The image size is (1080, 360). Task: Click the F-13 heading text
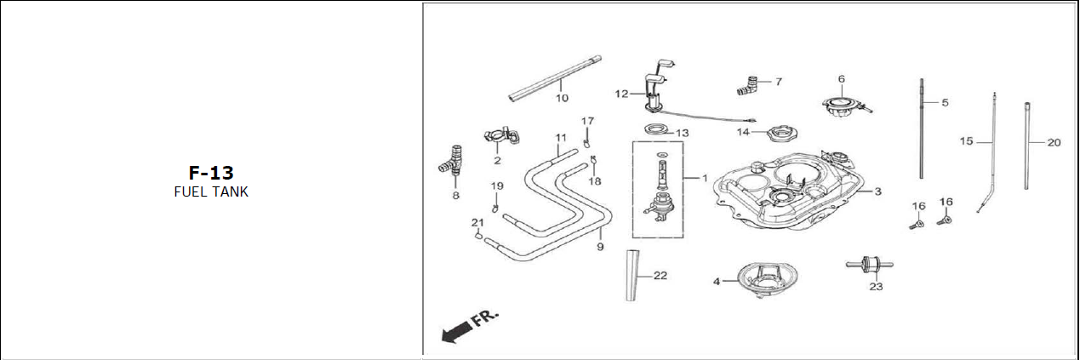[210, 173]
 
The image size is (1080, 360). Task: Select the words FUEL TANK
[210, 192]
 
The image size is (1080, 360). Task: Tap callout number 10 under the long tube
[562, 98]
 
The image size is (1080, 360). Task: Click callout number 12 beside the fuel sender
[621, 94]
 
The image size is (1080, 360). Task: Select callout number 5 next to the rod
[945, 102]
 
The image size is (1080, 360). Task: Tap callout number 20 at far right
[1054, 142]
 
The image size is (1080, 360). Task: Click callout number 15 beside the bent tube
[966, 141]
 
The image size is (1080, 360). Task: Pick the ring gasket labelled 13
[655, 130]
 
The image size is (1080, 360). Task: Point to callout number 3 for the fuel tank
[877, 192]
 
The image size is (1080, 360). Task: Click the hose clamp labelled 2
[498, 136]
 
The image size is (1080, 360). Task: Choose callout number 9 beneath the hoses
[600, 247]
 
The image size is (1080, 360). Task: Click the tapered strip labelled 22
[632, 275]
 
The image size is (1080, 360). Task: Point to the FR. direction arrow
[467, 326]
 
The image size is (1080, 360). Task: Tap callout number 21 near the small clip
[477, 222]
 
